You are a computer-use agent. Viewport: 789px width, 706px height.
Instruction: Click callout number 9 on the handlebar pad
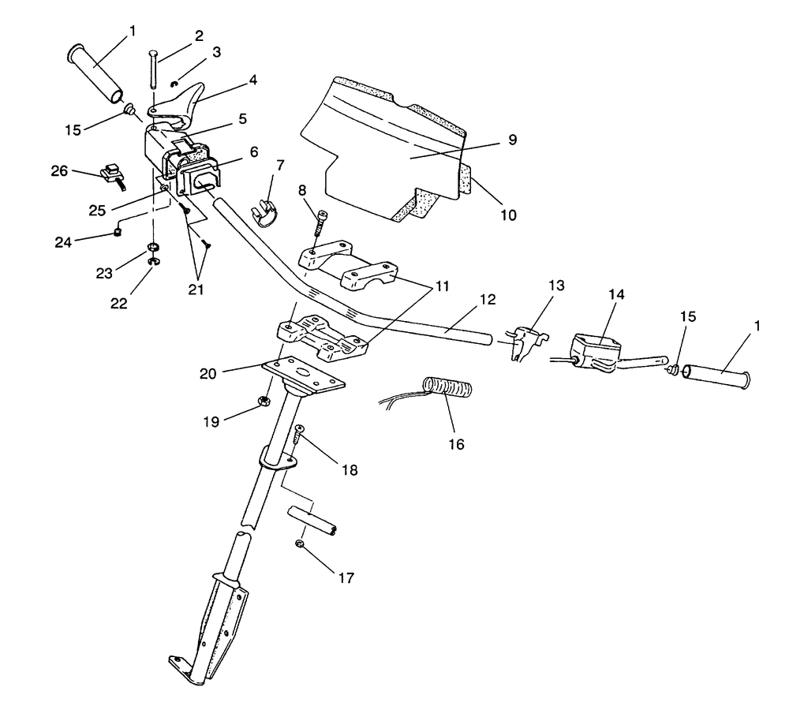[511, 140]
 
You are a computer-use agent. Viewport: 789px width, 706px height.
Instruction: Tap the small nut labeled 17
[300, 544]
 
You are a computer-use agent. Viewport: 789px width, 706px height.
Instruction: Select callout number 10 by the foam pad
[508, 214]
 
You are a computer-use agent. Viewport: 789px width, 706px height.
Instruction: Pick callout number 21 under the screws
[196, 289]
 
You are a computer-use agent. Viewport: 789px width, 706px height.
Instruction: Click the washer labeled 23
[150, 254]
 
